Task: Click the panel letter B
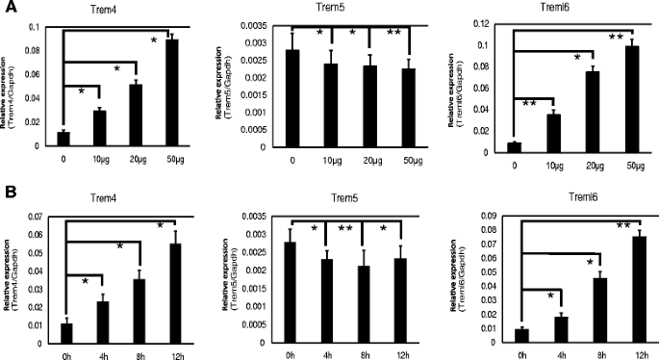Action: [9, 190]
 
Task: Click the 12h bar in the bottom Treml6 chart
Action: [637, 289]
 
